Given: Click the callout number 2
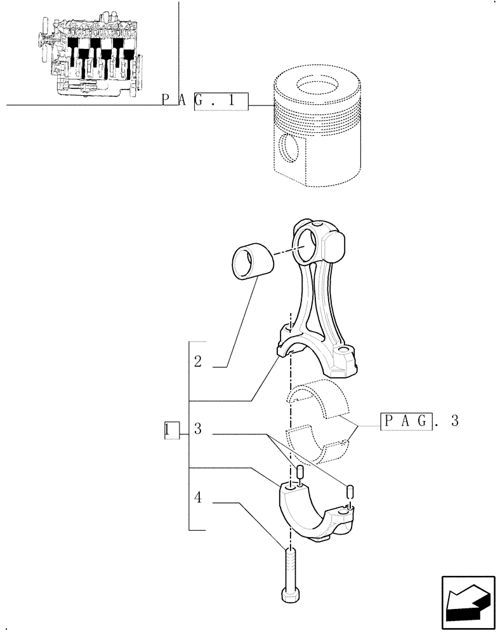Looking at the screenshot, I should tap(198, 362).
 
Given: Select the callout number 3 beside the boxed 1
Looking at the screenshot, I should tap(198, 430).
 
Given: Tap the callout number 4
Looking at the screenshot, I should tap(198, 498).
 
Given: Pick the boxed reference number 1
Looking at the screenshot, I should tap(167, 430).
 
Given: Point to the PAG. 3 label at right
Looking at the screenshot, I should tap(419, 421).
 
